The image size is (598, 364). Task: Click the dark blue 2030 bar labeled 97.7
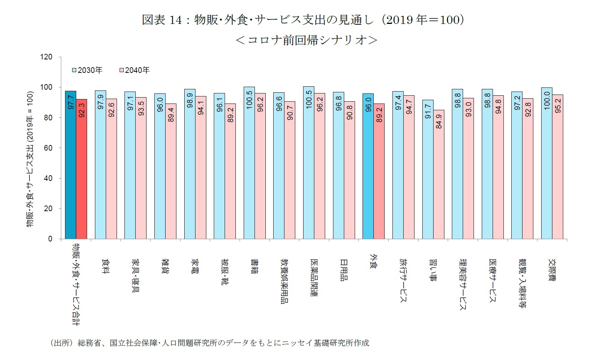pos(70,164)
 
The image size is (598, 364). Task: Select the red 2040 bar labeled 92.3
pos(81,169)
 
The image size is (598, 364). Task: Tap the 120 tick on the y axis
pos(47,57)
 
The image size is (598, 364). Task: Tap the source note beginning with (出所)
pos(209,343)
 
